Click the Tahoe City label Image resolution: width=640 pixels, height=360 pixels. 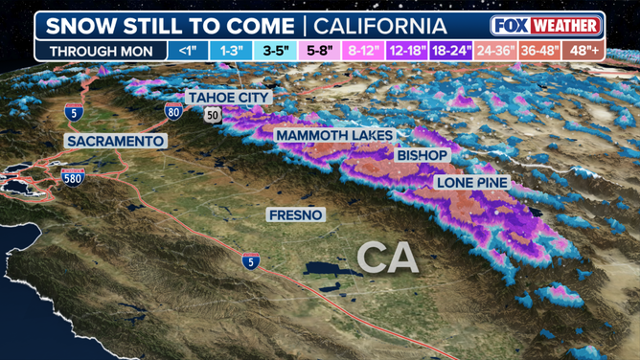229,98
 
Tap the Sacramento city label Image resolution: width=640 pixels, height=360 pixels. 116,141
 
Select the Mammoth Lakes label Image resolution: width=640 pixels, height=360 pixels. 334,136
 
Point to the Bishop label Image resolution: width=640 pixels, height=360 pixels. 422,155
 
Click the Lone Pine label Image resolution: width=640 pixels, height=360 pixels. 471,182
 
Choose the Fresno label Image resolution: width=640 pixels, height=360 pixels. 296,214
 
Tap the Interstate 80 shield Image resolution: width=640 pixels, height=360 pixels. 173,111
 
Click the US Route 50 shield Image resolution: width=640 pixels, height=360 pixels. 211,115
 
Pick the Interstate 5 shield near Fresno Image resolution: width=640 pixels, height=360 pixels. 249,261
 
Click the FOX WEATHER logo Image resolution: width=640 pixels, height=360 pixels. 546,26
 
